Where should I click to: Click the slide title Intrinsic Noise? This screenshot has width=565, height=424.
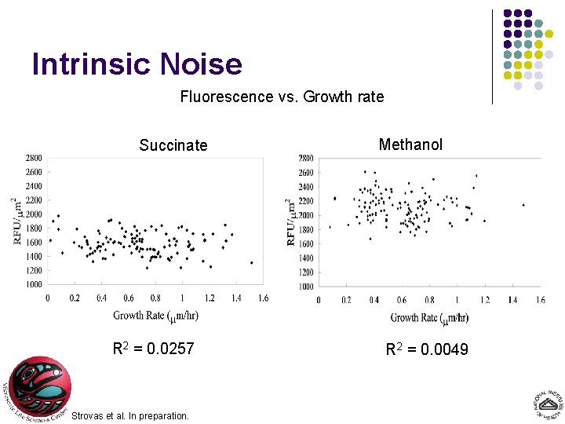(137, 64)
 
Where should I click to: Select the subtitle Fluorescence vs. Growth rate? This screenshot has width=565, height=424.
(282, 97)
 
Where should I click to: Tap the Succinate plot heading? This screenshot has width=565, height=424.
(173, 145)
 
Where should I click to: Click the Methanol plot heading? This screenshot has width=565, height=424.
(410, 144)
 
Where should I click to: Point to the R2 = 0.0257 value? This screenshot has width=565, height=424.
(154, 349)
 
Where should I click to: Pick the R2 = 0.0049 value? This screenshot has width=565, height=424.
(427, 349)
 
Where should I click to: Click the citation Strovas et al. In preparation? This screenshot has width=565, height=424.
(130, 415)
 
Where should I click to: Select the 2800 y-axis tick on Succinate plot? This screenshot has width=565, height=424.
(32, 159)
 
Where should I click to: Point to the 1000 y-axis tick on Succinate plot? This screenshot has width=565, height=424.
(32, 285)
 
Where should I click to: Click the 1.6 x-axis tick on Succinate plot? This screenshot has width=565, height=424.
(263, 298)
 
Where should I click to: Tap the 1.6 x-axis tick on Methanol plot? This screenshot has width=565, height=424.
(540, 300)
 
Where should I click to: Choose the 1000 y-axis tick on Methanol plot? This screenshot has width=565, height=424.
(305, 287)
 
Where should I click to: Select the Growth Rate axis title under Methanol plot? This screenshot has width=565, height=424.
(429, 317)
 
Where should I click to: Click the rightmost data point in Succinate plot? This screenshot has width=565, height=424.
(251, 263)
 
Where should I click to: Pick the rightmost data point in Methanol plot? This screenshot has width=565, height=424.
(523, 205)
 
